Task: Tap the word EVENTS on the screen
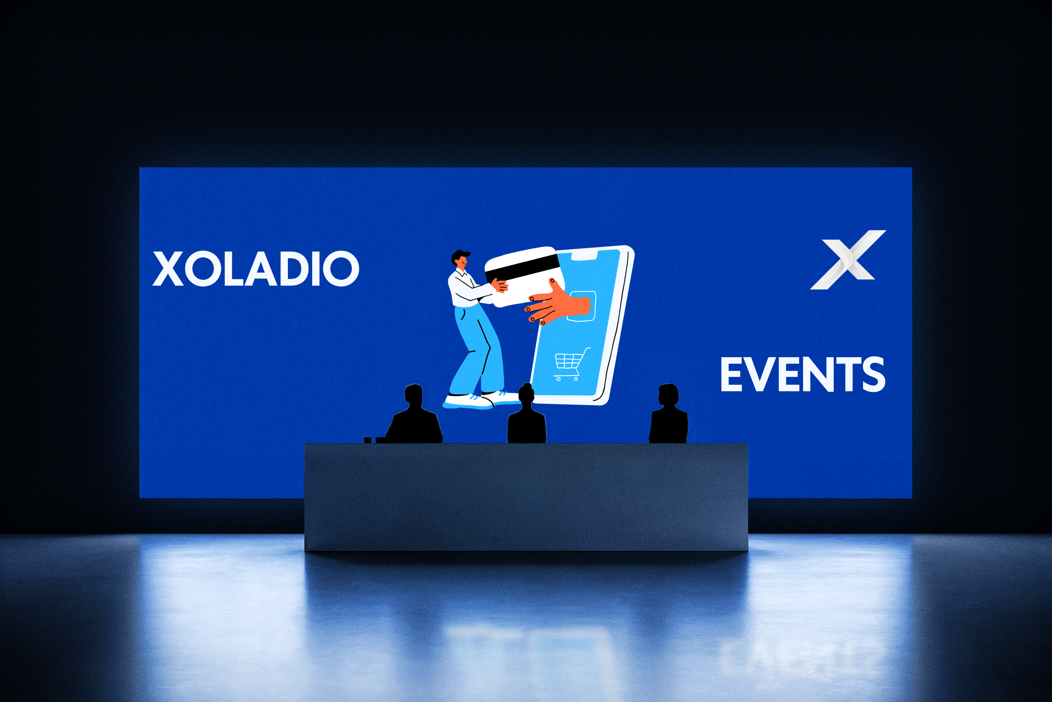(802, 374)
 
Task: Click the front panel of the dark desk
(526, 497)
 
